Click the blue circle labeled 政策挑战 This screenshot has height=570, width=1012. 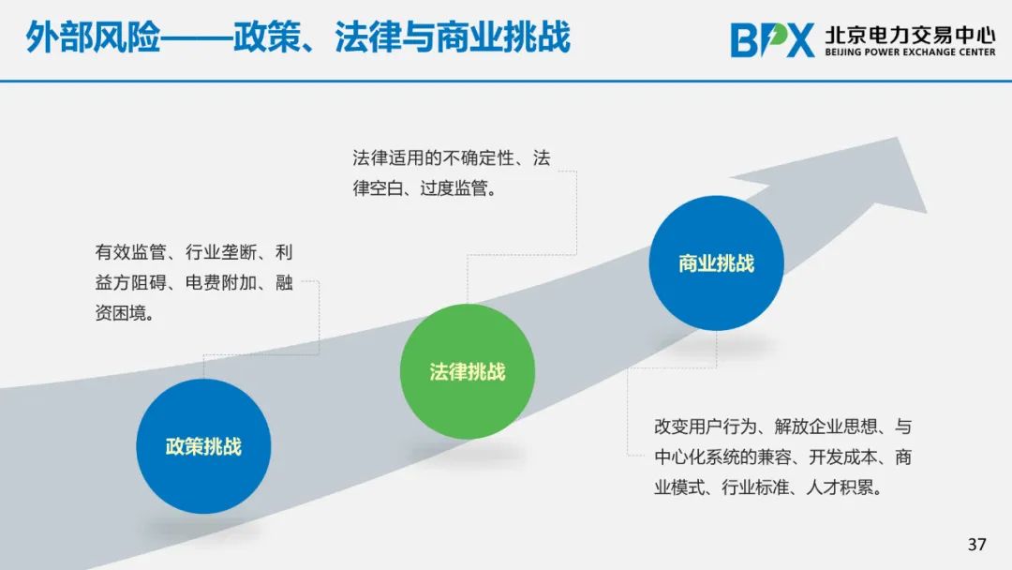203,446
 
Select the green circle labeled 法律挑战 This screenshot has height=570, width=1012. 468,371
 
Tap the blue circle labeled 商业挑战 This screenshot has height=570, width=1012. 717,262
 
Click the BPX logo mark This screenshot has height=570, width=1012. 772,40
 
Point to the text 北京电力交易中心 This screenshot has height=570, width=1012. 910,34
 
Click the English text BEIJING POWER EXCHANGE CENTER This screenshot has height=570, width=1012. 910,52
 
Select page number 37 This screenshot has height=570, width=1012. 976,544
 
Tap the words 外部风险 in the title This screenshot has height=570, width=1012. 93,37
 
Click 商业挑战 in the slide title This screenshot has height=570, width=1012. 503,37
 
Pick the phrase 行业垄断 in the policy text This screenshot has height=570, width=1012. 221,252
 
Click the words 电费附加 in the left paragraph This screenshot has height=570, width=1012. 221,282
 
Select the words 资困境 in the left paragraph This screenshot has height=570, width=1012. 121,313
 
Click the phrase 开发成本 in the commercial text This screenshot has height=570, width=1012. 843,457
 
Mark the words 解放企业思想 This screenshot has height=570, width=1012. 826,426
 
